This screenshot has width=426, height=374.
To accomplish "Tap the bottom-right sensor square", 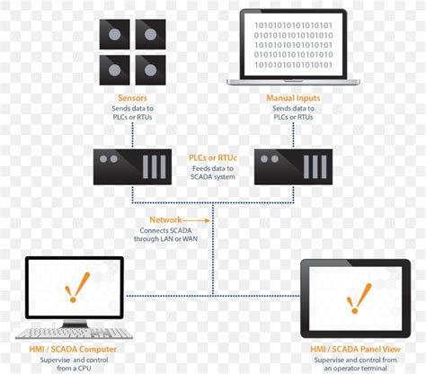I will (148, 68).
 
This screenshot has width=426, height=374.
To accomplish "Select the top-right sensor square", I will (148, 34).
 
